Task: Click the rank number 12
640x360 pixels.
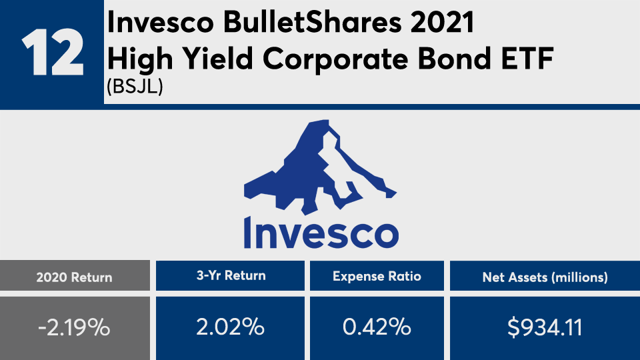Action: [53, 52]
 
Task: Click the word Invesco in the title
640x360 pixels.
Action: [161, 23]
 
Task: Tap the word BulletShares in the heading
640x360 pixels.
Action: [312, 23]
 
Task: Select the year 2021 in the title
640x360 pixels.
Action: [442, 23]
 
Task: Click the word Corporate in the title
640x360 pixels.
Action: [336, 59]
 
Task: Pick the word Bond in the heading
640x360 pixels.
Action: [455, 59]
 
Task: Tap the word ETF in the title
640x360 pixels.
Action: [527, 59]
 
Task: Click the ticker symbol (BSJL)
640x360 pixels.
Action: [135, 86]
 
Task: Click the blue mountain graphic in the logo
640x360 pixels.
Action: [320, 167]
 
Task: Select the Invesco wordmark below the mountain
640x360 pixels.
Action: [321, 233]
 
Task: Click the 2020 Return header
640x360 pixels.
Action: [74, 277]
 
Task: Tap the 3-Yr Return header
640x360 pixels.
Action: [231, 275]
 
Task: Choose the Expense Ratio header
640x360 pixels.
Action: [377, 276]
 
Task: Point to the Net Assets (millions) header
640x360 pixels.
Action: [545, 277]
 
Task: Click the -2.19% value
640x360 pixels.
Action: [74, 327]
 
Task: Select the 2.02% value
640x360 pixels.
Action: [230, 327]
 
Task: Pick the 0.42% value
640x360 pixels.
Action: [377, 327]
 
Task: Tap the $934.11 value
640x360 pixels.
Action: [545, 327]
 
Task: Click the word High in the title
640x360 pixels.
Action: [140, 59]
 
